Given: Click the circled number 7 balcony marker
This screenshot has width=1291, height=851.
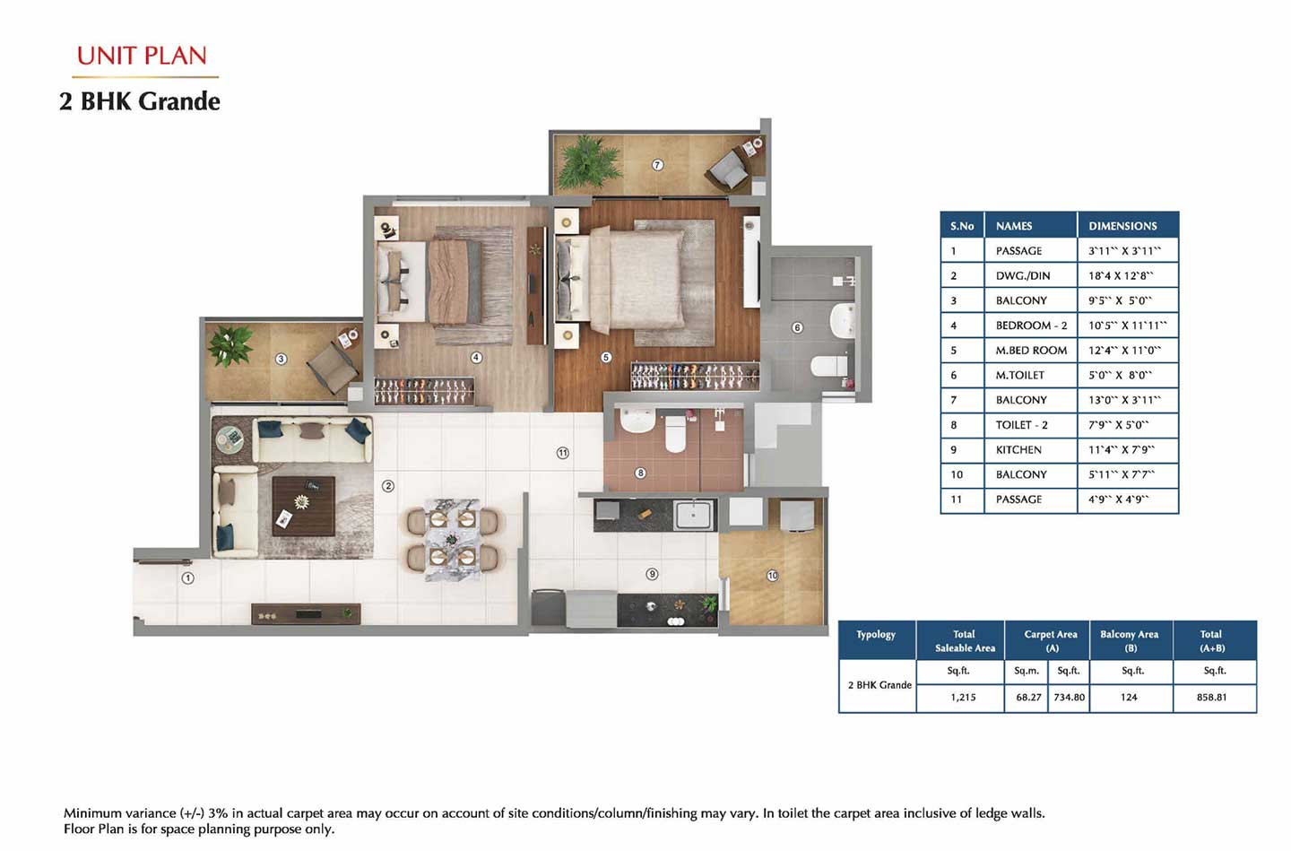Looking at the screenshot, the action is [x=657, y=165].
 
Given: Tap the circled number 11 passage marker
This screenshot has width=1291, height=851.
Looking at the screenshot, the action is [x=563, y=453].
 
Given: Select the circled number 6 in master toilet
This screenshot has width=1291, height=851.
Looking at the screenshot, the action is [x=797, y=327].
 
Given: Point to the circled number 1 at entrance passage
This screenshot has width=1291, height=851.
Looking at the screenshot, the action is [x=188, y=577].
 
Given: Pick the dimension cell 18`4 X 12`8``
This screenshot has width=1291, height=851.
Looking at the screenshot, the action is [x=1121, y=275].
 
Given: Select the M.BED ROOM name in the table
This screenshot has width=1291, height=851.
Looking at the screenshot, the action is [x=1031, y=350].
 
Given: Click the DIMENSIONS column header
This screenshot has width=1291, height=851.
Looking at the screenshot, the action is [x=1122, y=226].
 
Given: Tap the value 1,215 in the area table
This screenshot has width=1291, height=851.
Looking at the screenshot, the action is [x=963, y=697].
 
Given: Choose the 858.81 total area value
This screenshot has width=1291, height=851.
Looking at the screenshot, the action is [x=1211, y=697].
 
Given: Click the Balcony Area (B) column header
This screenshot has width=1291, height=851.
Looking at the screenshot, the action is [x=1129, y=640].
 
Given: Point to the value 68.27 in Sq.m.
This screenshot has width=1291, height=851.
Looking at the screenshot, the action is [x=1029, y=697].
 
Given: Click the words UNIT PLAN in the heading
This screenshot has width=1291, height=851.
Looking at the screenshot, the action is [x=142, y=56].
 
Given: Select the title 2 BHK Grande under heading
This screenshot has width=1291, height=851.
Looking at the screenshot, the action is [x=140, y=101].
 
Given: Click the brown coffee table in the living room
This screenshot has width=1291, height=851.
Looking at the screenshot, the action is [x=304, y=506].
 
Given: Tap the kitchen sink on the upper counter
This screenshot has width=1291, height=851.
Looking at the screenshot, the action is [x=694, y=515].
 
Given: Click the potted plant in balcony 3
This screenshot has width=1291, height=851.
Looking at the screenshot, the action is [x=230, y=346].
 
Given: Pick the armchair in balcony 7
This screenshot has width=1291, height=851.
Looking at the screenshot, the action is [x=729, y=169].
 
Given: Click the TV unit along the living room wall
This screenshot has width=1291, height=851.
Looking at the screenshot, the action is [x=306, y=614].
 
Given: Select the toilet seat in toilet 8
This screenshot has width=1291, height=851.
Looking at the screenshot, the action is [x=675, y=434].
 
